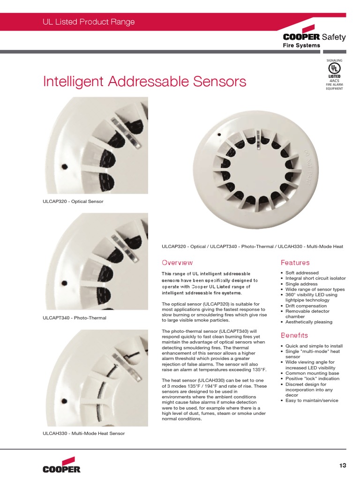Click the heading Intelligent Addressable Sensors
144,82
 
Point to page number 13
343,465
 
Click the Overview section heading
177,262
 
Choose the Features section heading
295,262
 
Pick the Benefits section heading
294,335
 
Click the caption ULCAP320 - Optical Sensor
73,202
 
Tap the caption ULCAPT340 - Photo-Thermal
75,318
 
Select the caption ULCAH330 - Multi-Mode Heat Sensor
83,434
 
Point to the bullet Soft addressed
302,273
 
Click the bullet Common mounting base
312,373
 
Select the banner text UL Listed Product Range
89,22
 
